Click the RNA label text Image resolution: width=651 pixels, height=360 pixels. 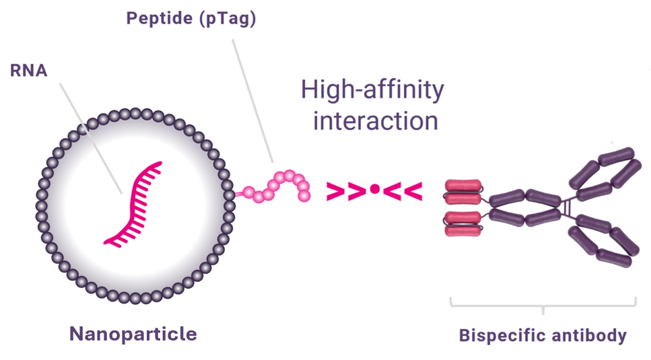28,71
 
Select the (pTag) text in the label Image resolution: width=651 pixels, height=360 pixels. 224,18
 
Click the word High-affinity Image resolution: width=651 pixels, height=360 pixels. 372,90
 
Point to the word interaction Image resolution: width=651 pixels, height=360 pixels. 376,121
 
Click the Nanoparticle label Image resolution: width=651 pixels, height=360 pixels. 133,334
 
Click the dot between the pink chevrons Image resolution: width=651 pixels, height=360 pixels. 374,191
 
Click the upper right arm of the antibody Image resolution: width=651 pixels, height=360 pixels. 603,172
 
